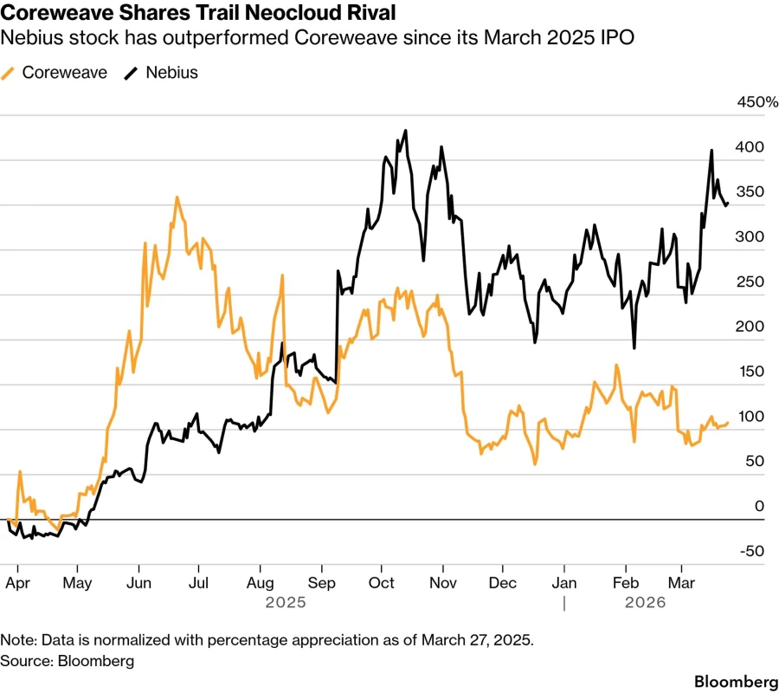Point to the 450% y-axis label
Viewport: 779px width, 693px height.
pyautogui.click(x=757, y=103)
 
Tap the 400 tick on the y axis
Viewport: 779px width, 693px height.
pyautogui.click(x=750, y=147)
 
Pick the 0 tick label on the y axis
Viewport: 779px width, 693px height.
pyautogui.click(x=759, y=507)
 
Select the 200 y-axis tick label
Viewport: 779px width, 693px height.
pyautogui.click(x=750, y=327)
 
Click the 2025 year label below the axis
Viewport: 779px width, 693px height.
pyautogui.click(x=286, y=602)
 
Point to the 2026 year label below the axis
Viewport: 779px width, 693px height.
pyautogui.click(x=645, y=602)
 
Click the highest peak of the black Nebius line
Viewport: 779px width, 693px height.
pyautogui.click(x=405, y=131)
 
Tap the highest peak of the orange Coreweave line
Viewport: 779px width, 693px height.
pyautogui.click(x=177, y=198)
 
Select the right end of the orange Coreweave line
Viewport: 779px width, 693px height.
pyautogui.click(x=728, y=423)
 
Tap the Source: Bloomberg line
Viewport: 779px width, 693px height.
pyautogui.click(x=68, y=661)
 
